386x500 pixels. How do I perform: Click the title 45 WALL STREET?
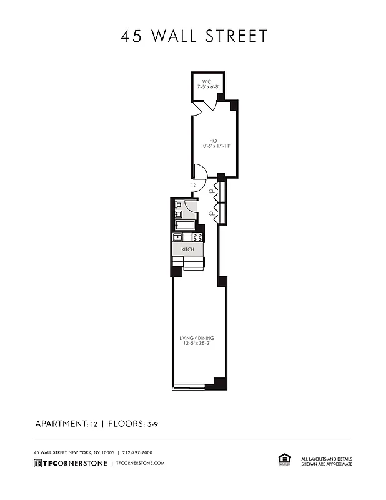(194, 36)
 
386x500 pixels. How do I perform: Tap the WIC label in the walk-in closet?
(206, 81)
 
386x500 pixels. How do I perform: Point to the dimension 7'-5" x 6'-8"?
(208, 87)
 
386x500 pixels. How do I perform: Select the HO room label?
(213, 140)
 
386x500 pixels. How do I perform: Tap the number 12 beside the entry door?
(194, 186)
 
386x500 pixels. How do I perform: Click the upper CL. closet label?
(212, 191)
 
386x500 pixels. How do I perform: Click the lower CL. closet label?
(212, 213)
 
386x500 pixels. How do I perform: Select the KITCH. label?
(188, 249)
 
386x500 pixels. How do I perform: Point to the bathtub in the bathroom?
(186, 226)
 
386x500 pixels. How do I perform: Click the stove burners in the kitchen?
(197, 237)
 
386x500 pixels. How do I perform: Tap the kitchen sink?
(178, 237)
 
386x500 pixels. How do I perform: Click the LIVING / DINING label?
(197, 337)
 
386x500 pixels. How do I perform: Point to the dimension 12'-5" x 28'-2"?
(197, 343)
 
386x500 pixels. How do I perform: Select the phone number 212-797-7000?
(137, 452)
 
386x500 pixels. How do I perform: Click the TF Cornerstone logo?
(69, 463)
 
